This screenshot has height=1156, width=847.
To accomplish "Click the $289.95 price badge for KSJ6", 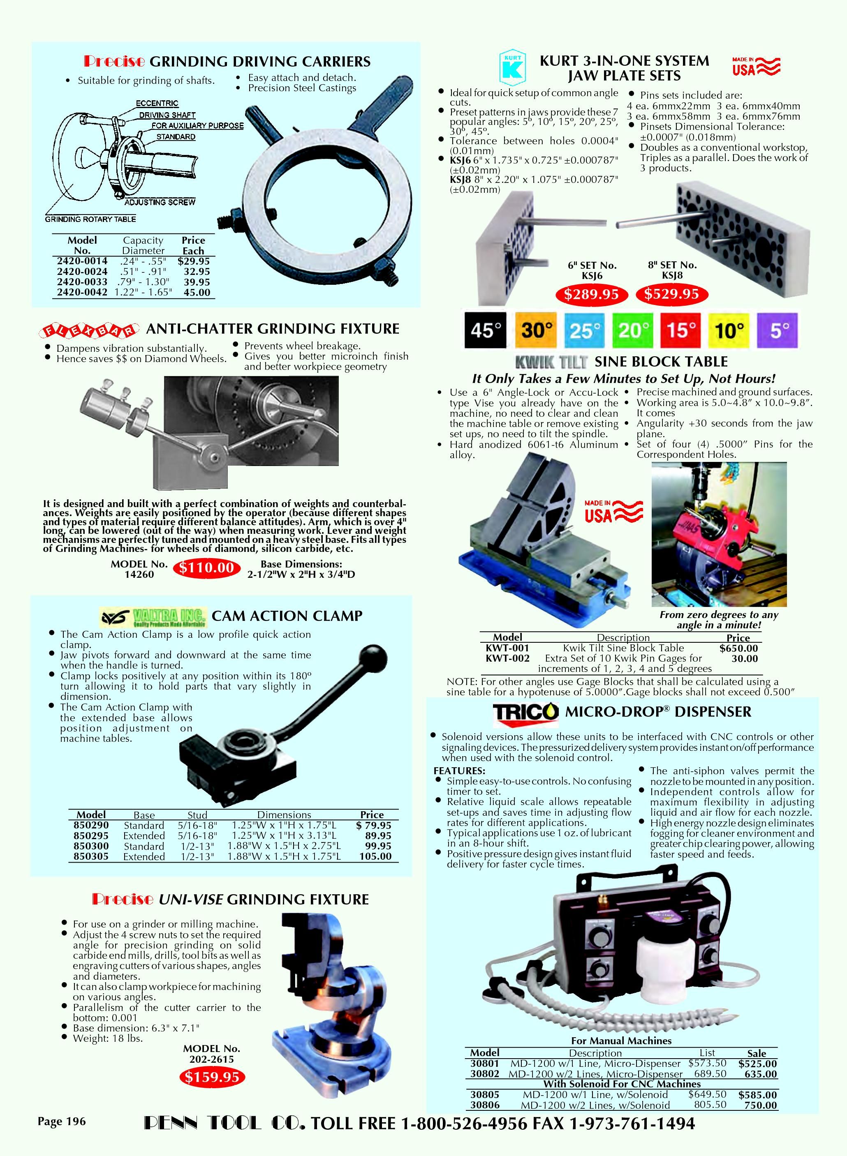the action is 592,294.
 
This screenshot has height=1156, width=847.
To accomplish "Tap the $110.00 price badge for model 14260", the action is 206,568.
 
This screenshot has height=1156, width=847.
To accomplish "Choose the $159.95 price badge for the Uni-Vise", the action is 212,1077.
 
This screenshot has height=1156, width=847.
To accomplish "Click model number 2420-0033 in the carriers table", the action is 82,282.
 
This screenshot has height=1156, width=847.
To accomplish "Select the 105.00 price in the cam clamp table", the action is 375,857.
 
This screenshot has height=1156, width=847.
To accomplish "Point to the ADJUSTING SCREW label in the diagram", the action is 160,203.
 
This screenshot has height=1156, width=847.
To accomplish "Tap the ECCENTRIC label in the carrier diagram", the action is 157,103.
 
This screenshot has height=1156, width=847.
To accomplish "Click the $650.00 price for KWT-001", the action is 738,648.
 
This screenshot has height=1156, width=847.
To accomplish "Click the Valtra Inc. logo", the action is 153,617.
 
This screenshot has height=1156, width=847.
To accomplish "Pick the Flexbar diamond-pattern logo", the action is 89,331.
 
